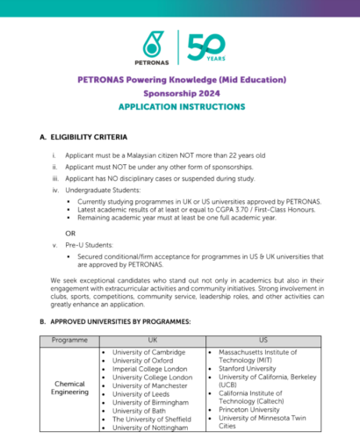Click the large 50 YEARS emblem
coord(203,45)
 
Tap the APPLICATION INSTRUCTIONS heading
coord(183,106)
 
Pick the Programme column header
coord(69,339)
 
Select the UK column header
coord(152,339)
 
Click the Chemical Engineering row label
coord(69,387)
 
